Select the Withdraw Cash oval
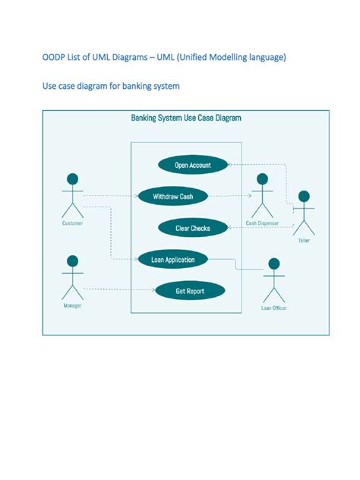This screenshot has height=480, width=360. [x=173, y=197]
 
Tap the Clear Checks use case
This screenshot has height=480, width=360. [x=193, y=228]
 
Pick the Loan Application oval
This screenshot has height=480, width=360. [x=173, y=260]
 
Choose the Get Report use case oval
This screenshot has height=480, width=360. [x=190, y=291]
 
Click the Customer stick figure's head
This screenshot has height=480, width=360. [x=72, y=179]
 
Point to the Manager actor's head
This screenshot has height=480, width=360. [x=72, y=261]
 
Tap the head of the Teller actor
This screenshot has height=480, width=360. [x=304, y=196]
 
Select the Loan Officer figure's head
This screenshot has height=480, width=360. [x=273, y=264]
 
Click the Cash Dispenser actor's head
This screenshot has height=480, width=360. [x=262, y=179]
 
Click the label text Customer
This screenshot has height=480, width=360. [x=72, y=223]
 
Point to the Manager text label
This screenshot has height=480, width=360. [x=72, y=305]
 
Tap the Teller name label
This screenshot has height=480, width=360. [x=304, y=240]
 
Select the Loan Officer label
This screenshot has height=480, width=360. [x=273, y=308]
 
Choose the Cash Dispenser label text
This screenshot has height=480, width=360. [x=262, y=223]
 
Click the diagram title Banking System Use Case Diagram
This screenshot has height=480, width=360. [x=186, y=118]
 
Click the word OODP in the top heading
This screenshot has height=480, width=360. [x=54, y=58]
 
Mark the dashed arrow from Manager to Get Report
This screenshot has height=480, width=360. [x=118, y=289]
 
